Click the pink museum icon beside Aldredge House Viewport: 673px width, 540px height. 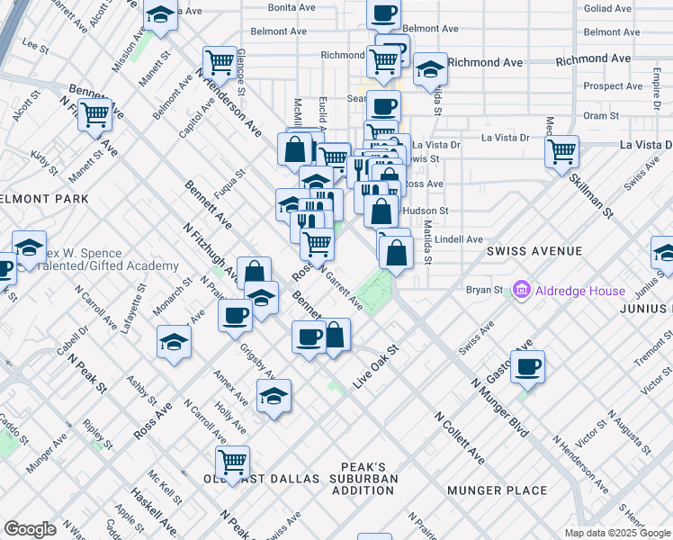pos(519,291)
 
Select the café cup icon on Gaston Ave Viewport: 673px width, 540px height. pos(528,366)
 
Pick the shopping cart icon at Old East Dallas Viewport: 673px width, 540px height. pos(233,461)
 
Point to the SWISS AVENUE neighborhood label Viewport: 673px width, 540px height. pos(535,251)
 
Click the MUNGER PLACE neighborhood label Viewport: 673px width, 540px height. pos(502,490)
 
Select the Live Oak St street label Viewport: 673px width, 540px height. pos(375,368)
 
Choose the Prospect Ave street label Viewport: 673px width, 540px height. pos(613,86)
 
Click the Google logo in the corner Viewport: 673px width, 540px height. pos(30,529)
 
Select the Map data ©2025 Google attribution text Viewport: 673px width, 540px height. pos(618,533)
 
